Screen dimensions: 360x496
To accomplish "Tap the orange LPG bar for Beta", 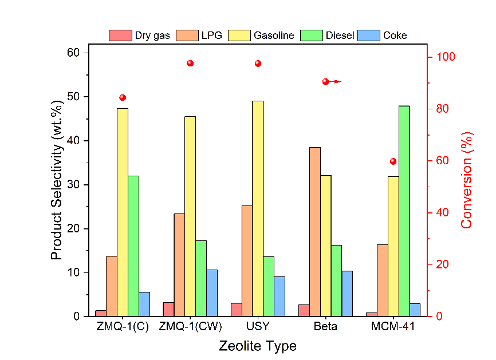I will pos(314,232).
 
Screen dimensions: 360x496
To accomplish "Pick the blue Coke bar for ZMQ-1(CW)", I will pos(212,292).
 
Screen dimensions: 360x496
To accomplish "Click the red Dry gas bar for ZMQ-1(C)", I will pos(101,313).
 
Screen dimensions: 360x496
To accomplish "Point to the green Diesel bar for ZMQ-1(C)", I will pos(133,246).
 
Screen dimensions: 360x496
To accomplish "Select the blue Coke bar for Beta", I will pos(347,293).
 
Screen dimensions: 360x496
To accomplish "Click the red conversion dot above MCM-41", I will pos(393,161).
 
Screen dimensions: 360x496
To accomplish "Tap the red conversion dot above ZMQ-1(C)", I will pos(123,97).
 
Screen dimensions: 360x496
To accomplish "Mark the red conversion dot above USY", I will pos(258,63).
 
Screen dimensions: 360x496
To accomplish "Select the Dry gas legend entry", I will pos(140,35).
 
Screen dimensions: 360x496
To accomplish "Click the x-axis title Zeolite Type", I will pos(258,346).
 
